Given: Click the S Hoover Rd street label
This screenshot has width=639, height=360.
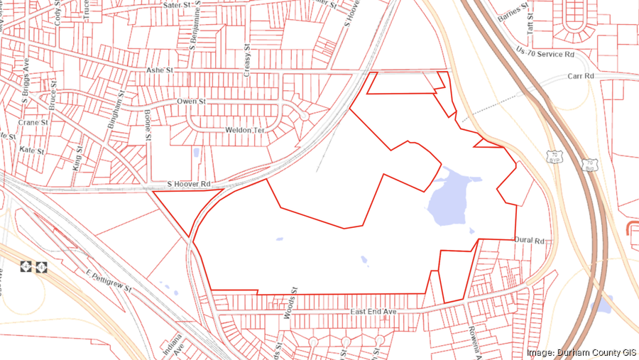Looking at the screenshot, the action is click(x=189, y=185).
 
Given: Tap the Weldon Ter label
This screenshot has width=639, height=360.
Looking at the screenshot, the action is click(x=244, y=131).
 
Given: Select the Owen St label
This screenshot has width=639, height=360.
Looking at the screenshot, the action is click(x=191, y=102).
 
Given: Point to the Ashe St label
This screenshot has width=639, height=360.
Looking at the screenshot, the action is click(x=159, y=71).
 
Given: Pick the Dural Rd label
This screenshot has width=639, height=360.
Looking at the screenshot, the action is click(x=528, y=241).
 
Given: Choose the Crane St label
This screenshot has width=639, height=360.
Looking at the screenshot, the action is click(x=33, y=122).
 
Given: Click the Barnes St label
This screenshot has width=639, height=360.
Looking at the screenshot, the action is click(x=514, y=13).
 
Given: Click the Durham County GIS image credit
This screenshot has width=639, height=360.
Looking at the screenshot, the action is click(x=579, y=353).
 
